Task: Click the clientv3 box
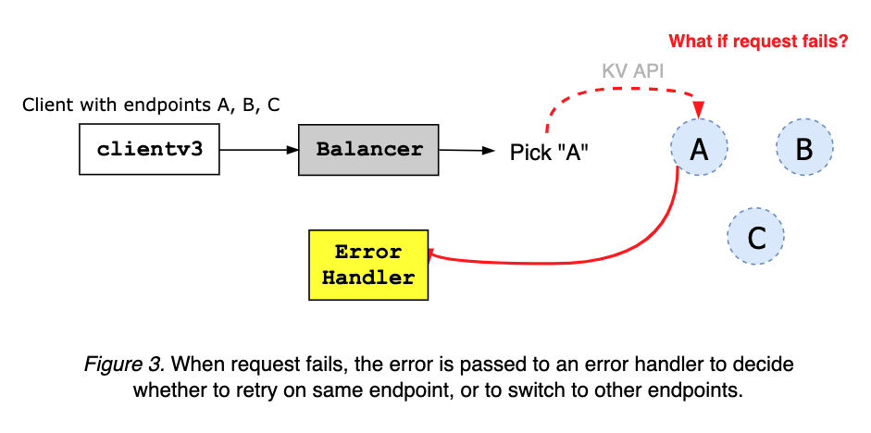[x=150, y=149]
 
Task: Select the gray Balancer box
[x=369, y=149]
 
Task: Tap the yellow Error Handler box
[x=368, y=265]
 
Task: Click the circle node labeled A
[x=700, y=149]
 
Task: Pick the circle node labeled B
[x=804, y=148]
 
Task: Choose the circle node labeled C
[x=756, y=238]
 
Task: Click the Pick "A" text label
[x=550, y=153]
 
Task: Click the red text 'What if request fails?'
[x=758, y=41]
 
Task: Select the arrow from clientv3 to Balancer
[x=259, y=149]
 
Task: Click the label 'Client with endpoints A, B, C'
[x=151, y=105]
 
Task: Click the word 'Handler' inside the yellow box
[x=368, y=278]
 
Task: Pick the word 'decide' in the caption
[x=765, y=365]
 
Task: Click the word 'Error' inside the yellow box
[x=368, y=253]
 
